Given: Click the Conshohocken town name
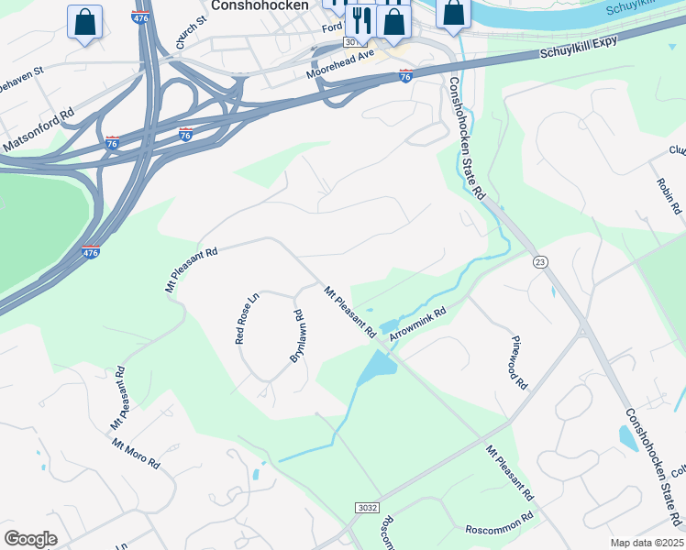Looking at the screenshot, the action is click(260, 5).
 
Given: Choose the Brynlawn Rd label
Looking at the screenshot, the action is click(298, 336).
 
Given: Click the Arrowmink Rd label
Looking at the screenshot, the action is click(417, 324).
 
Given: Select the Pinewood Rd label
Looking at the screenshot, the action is click(519, 363).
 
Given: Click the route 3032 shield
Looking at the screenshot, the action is click(366, 508).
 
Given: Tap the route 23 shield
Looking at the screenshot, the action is click(540, 262).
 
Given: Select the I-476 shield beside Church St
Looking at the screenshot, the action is click(141, 16).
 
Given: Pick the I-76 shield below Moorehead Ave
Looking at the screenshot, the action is click(405, 76).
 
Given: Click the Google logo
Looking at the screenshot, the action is click(30, 538).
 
